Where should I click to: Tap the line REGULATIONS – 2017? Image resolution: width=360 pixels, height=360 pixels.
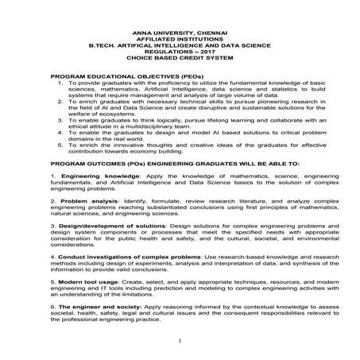179,49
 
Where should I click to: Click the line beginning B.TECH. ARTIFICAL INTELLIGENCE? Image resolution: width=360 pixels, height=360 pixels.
179,43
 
